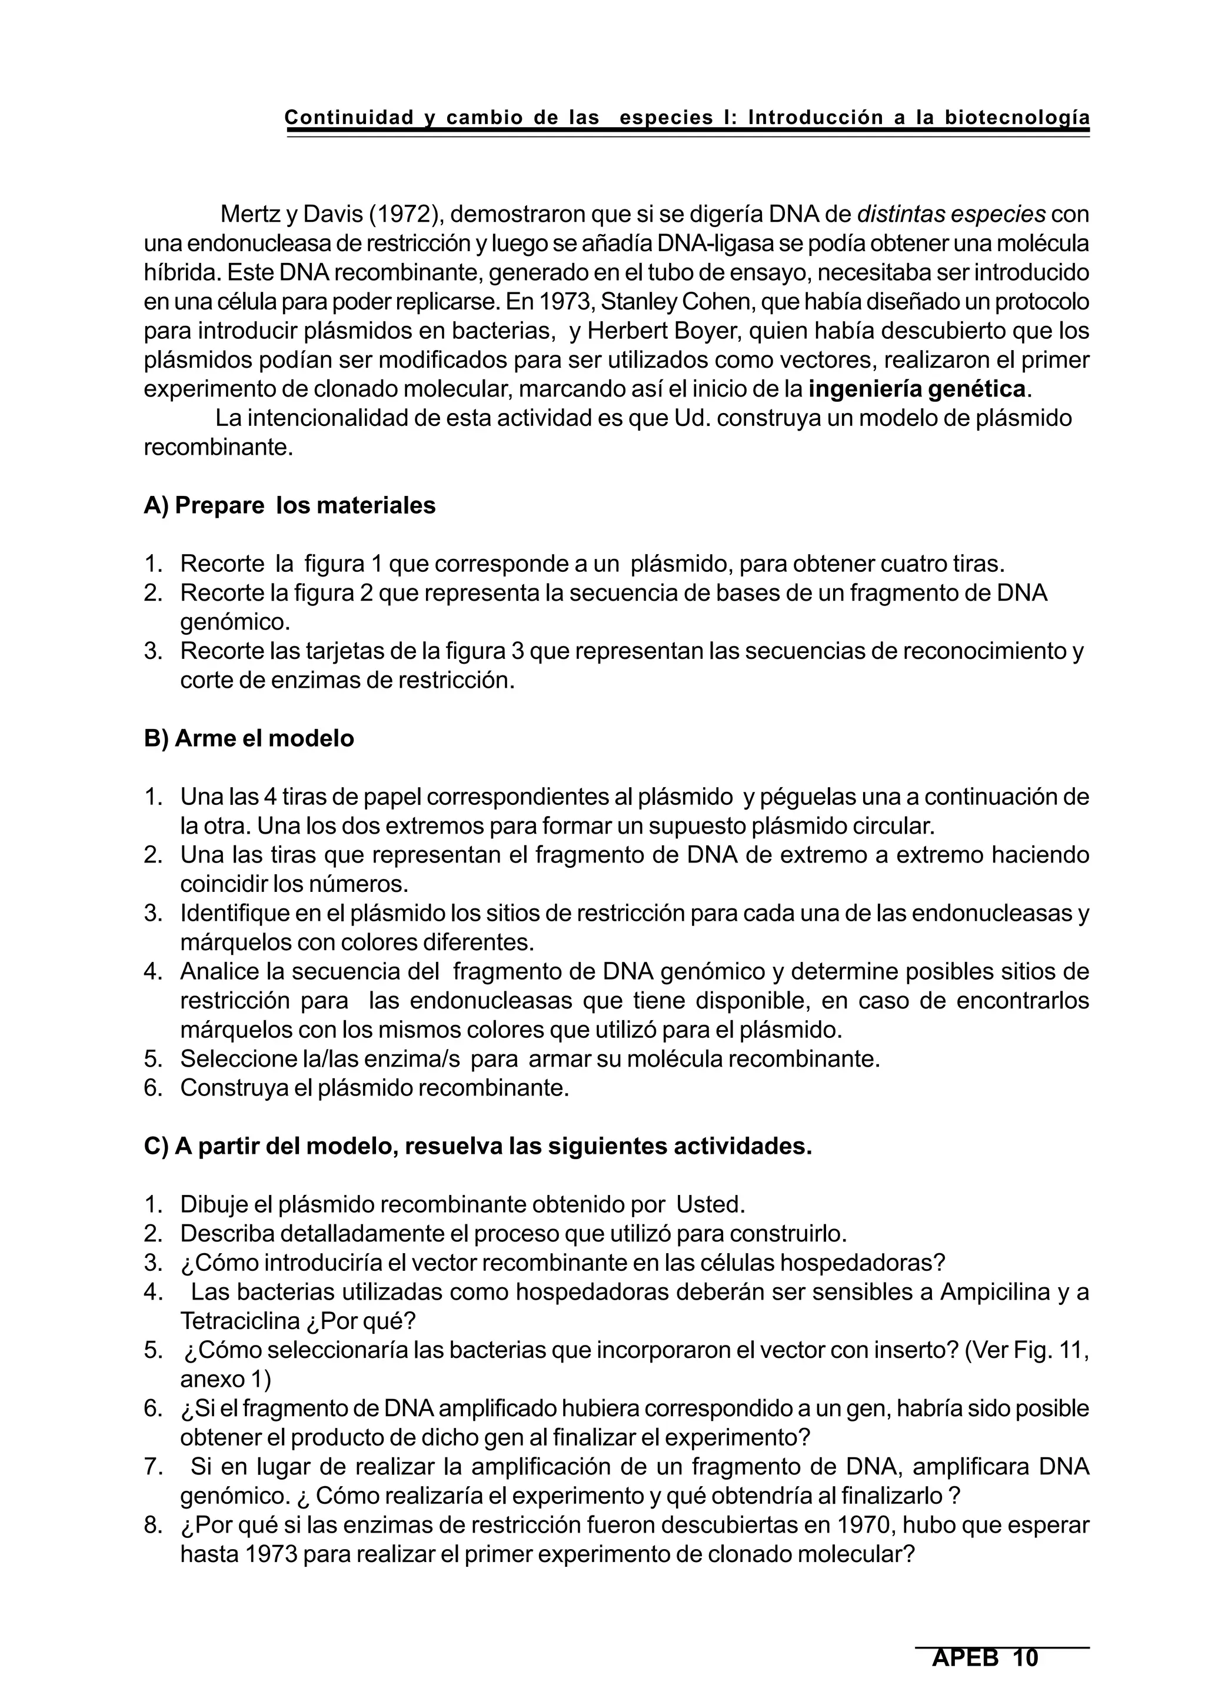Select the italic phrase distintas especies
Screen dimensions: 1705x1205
[951, 215]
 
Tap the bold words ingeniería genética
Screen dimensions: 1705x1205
[917, 389]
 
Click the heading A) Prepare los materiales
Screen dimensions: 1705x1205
[289, 506]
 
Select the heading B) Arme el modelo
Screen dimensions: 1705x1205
[249, 739]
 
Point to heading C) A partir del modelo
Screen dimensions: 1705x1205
[477, 1147]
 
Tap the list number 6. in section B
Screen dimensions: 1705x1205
[153, 1088]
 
